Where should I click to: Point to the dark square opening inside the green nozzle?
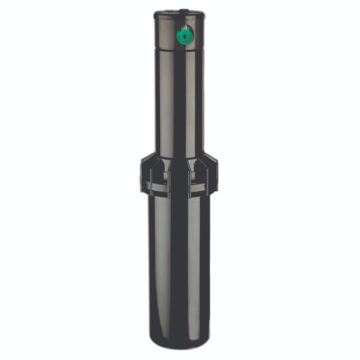pos(184,37)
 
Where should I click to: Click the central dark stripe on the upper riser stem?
pos(180,101)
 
